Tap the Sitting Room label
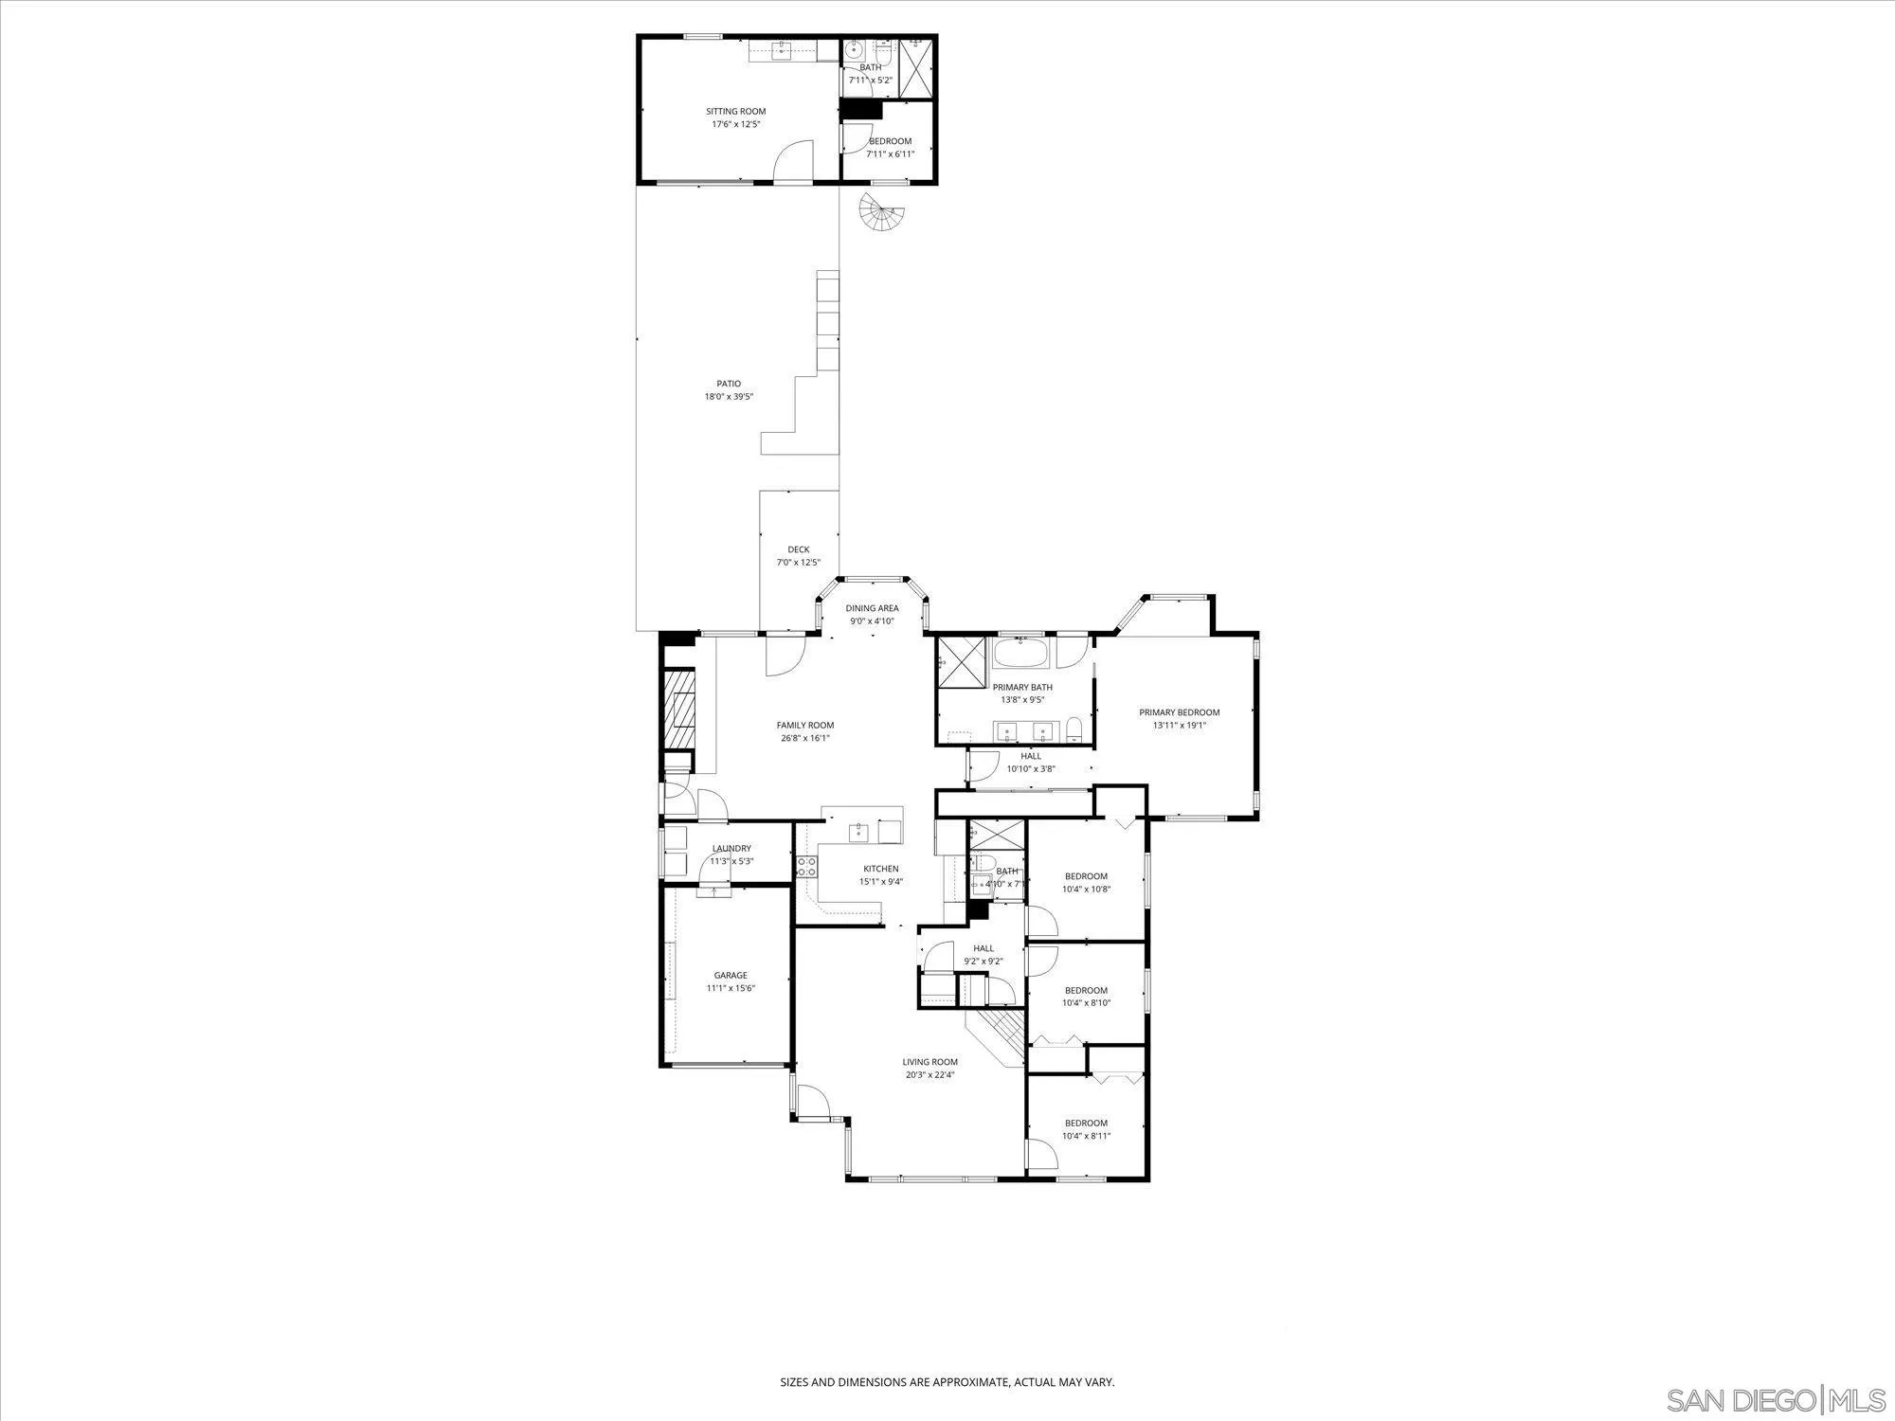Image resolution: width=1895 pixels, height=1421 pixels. [x=735, y=112]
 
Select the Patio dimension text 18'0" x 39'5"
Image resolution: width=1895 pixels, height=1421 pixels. [x=728, y=397]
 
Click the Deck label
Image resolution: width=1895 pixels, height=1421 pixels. [x=798, y=549]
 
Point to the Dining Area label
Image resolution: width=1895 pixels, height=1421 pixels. [x=872, y=608]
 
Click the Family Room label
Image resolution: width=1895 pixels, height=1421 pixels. [x=804, y=726]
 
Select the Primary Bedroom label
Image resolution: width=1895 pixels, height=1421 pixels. [x=1179, y=712]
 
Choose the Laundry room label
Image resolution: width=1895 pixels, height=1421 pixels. [x=731, y=849]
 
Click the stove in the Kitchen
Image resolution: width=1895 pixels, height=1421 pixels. [x=807, y=866]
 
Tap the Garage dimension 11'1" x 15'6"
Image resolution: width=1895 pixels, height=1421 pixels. [x=731, y=988]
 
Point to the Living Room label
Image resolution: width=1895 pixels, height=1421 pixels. [x=929, y=1062]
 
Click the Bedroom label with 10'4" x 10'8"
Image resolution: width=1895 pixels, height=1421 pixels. [x=1085, y=876]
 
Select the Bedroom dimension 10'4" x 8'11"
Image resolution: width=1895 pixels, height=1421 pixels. [x=1085, y=1136]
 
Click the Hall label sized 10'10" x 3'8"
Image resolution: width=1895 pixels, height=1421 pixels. [x=1030, y=756]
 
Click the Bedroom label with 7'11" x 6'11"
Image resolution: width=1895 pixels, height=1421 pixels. [x=890, y=141]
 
